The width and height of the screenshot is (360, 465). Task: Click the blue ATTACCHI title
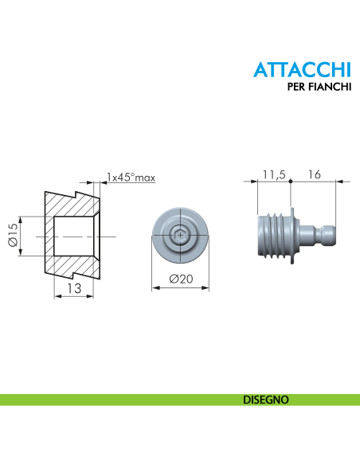point(302,69)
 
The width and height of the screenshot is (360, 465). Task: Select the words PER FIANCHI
point(319,87)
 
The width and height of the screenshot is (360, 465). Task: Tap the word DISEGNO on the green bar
point(266,400)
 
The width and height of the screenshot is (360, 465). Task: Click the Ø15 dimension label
point(13,235)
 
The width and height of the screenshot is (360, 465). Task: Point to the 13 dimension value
point(74,288)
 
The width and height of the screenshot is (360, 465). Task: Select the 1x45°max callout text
point(131,178)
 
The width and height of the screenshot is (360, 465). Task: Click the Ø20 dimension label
point(181,279)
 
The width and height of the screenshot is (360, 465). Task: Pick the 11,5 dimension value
point(274,174)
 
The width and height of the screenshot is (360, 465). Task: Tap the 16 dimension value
point(314,174)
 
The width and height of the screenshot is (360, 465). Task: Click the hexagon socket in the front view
point(180,236)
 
